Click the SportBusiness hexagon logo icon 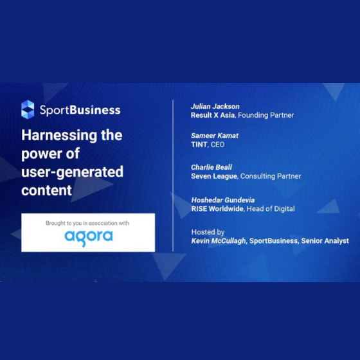coord(28,109)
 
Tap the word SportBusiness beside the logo coord(80,110)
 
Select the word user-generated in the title coord(72,172)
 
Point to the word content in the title coord(46,190)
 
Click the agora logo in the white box coord(89,238)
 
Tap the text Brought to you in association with coord(87,223)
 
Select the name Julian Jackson coord(215,107)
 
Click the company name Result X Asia coord(213,115)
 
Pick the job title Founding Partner coord(266,115)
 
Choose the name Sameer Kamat coord(215,136)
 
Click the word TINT coord(199,145)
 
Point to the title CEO coord(217,145)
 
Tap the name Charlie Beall coord(212,167)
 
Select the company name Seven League coord(214,176)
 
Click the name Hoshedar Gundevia coord(223,200)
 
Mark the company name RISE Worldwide coord(217,209)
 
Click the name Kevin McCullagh coord(219,241)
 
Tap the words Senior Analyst coord(325,241)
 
